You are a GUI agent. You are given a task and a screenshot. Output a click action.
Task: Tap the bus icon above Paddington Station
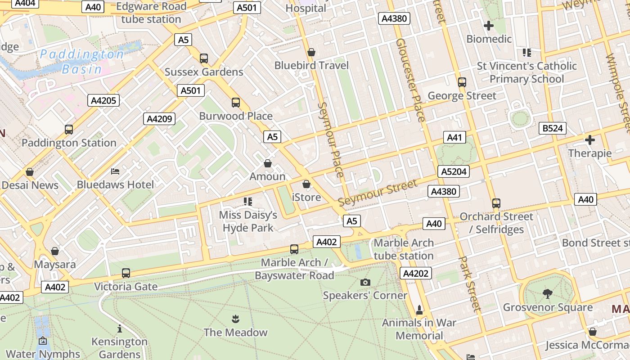click(69, 130)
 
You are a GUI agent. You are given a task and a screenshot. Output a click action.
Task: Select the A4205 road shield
click(103, 100)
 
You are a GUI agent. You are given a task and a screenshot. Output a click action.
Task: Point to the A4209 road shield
click(159, 119)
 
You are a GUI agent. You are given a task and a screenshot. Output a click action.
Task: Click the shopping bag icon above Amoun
click(268, 163)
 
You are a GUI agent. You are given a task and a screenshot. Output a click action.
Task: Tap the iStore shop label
click(306, 197)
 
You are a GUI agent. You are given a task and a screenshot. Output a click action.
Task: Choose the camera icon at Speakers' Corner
click(365, 282)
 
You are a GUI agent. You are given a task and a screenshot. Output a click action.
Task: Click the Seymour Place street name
click(331, 139)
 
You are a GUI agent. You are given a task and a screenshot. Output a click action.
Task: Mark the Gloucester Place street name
click(410, 80)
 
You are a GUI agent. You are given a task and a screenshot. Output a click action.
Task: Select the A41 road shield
click(454, 138)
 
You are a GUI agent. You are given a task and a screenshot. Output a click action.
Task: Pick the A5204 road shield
click(454, 171)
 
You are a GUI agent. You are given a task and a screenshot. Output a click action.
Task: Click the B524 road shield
click(552, 128)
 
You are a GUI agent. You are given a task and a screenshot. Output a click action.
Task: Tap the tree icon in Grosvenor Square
click(548, 294)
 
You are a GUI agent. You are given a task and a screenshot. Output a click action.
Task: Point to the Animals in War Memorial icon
click(419, 310)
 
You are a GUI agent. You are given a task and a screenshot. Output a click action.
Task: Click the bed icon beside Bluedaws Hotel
click(115, 171)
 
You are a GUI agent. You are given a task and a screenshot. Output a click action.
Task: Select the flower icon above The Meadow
click(235, 319)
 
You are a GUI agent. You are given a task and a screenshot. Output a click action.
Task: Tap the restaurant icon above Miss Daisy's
click(248, 201)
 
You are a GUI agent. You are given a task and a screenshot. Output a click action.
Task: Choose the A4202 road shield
click(416, 273)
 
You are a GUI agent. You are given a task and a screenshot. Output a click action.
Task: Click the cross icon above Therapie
click(589, 140)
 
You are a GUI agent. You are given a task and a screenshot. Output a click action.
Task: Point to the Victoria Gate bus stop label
click(126, 287)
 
